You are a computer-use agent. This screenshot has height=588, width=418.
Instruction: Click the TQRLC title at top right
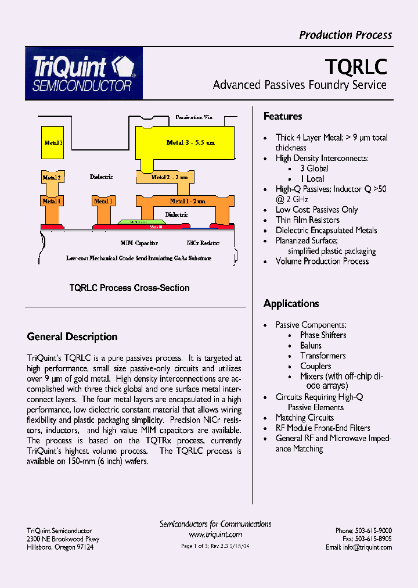pos(356,67)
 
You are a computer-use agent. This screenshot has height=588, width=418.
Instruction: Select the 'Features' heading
pos(283,116)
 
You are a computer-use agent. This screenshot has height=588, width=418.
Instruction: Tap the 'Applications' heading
pos(291,303)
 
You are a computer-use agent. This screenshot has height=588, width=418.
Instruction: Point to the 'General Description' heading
pos(72,336)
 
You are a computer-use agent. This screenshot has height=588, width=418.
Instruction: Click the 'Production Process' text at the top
pos(345,35)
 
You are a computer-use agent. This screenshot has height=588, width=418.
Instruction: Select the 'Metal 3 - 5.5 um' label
pos(190,142)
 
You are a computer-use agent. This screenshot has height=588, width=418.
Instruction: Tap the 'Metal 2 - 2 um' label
pos(170,177)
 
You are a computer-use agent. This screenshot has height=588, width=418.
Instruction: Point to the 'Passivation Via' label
pos(194,117)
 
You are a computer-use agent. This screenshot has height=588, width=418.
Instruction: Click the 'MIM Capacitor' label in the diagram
pos(139,243)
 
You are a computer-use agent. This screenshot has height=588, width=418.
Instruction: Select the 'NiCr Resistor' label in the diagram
pos(203,243)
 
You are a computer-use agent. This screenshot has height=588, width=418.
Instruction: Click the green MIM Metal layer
pos(138,221)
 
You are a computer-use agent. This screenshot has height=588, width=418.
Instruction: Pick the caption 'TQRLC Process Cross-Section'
pos(129,288)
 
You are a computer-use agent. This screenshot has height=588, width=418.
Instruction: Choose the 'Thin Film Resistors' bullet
pos(307,220)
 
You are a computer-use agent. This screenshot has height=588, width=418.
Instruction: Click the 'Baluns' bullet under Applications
pos(311,345)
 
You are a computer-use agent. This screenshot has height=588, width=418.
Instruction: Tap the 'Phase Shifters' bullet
pos(323,335)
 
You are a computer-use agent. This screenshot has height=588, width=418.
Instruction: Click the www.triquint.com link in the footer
pos(215,535)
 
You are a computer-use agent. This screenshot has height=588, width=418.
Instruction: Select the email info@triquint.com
pos(358,547)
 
